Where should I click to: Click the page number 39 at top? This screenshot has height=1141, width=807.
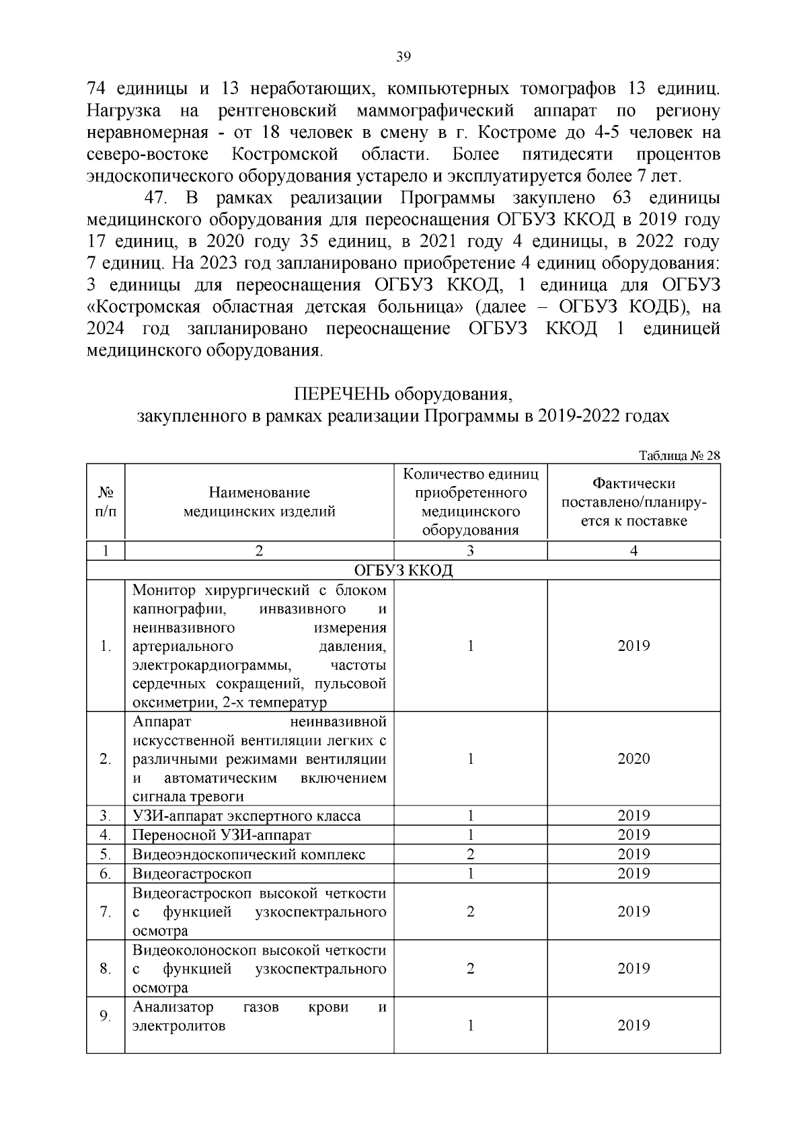pos(403,56)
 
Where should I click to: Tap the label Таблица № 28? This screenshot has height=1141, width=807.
pos(679,455)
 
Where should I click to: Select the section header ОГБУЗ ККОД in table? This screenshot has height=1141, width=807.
pos(403,570)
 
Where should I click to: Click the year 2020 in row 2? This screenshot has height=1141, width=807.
pos(633,758)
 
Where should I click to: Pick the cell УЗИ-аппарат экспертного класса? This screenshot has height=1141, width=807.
pos(246,816)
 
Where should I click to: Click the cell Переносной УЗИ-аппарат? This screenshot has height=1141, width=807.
pos(222,835)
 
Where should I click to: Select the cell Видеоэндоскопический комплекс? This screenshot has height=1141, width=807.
pos(249,855)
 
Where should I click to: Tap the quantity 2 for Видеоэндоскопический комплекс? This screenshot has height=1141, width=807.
pos(470,855)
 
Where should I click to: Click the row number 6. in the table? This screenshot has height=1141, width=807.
pos(105,874)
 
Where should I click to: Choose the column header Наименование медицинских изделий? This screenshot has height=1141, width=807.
pos(260,502)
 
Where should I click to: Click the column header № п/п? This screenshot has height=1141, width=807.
pos(106,502)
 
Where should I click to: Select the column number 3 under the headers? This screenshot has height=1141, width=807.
pos(470,551)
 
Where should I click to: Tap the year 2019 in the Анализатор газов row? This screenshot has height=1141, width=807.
pos(633,1025)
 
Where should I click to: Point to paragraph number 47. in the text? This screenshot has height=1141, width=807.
pos(156,198)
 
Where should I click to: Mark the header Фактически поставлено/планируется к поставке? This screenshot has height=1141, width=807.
pos(633,502)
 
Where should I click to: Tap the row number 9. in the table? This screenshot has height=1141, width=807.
pos(105,1016)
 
